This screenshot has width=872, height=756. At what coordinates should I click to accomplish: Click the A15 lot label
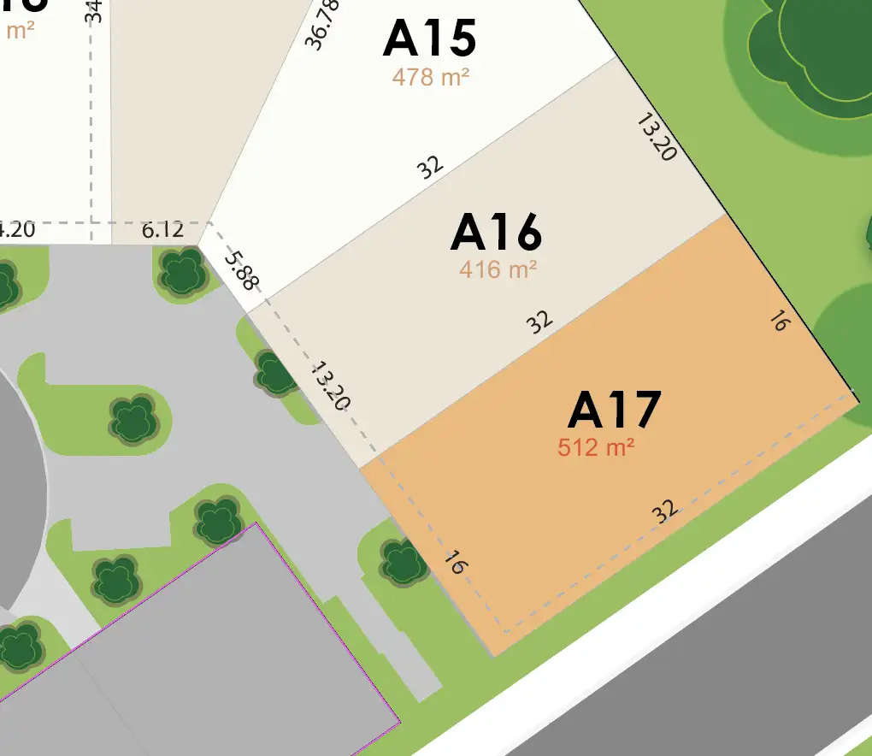(429, 38)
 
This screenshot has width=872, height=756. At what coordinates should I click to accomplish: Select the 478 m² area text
(431, 77)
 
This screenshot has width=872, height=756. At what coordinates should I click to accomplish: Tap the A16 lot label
(496, 233)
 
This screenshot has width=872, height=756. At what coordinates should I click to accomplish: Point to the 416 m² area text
(498, 269)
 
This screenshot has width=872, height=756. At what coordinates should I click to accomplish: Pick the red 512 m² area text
(596, 446)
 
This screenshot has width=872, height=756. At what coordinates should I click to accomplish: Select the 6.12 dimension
(162, 230)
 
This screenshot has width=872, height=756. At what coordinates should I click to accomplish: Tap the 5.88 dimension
(242, 269)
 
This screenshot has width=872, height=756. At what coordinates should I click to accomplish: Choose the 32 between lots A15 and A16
(431, 166)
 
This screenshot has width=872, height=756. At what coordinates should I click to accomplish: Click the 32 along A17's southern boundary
(664, 511)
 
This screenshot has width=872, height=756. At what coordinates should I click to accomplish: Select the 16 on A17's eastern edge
(778, 322)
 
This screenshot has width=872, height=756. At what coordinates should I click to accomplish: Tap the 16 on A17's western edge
(455, 564)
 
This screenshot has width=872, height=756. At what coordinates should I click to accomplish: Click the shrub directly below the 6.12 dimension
(181, 272)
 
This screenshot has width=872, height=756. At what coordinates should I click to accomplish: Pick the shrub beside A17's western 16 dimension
(402, 562)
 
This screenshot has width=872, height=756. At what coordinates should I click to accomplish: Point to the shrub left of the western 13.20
(275, 373)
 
